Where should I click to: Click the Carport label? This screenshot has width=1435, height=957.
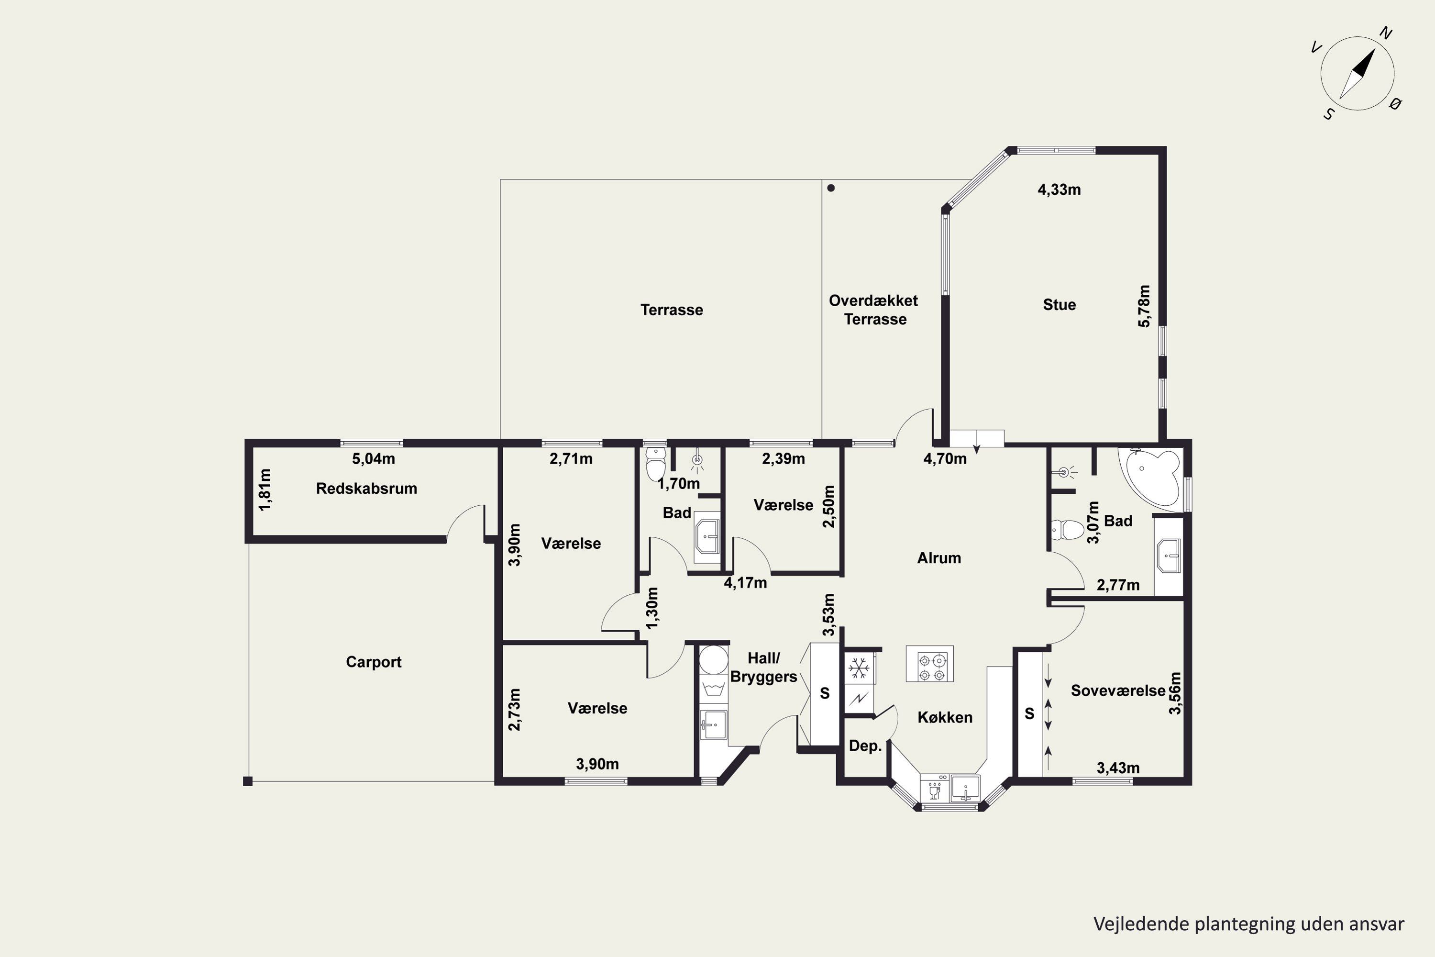[x=374, y=662]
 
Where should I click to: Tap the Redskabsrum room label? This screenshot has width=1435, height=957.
[x=366, y=488]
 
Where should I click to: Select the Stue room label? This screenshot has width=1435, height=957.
[x=1059, y=304]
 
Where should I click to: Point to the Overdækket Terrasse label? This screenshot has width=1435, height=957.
[x=874, y=310]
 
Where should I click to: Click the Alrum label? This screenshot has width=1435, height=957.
[x=939, y=558]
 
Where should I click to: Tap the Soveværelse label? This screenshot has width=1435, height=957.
[x=1118, y=690]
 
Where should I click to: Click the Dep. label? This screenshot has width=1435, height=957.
[x=865, y=746]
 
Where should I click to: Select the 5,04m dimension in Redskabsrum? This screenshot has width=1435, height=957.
[x=374, y=458]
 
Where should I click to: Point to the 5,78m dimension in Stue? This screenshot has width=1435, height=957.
[x=1144, y=306]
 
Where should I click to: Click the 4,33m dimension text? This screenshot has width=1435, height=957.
[x=1059, y=190]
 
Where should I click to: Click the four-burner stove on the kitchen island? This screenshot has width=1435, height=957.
[x=929, y=663]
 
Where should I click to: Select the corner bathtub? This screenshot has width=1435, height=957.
[x=1151, y=477]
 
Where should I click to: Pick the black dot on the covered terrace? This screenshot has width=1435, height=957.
[x=831, y=188]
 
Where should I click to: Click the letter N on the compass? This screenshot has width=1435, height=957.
[x=1386, y=33]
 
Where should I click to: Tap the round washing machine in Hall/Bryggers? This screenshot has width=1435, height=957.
[x=713, y=660]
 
